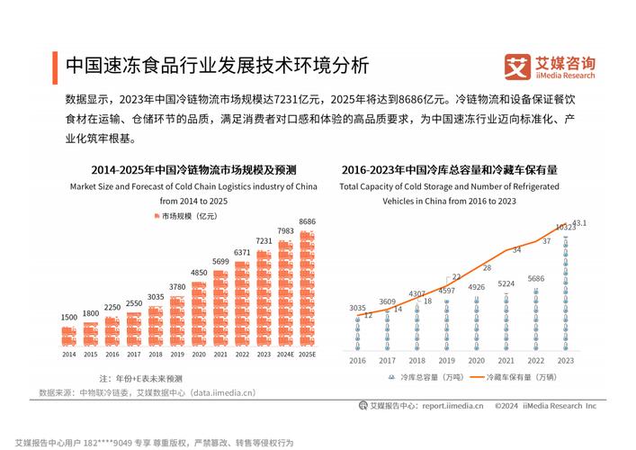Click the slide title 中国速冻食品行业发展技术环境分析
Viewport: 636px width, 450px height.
pos(216,65)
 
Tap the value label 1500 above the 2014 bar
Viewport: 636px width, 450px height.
pos(69,317)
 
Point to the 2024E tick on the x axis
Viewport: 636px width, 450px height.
pos(286,355)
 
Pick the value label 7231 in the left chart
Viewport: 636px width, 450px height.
pos(264,241)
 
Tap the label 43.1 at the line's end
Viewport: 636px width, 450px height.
pos(579,222)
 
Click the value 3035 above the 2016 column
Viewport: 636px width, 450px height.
pos(357,308)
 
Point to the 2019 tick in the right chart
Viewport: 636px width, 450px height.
pos(447,359)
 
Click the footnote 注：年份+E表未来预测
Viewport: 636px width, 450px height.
pos(140,378)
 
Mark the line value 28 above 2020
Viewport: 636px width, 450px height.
pos(487,267)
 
